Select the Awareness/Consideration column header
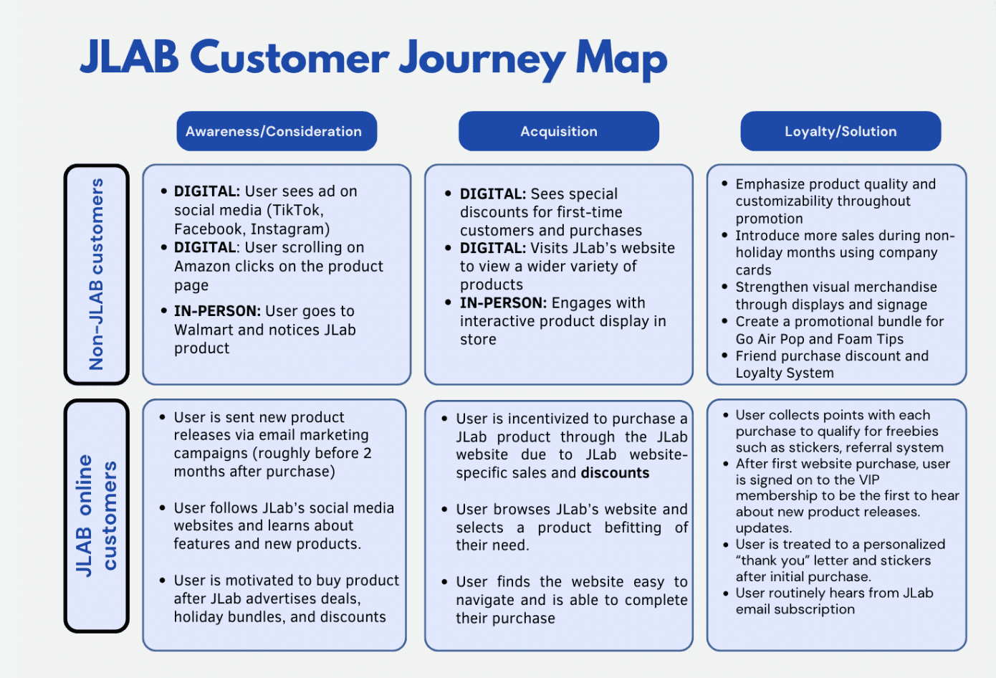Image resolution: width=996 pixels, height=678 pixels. point(277,131)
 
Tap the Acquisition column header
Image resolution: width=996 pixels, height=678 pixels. point(558,131)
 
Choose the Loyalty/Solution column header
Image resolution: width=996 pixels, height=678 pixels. point(840,131)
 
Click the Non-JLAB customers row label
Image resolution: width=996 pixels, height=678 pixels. point(97,274)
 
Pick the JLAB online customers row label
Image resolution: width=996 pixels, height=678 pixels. point(97,516)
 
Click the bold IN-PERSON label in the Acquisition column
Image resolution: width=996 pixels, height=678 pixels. point(503,303)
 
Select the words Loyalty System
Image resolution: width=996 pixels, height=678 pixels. point(785,373)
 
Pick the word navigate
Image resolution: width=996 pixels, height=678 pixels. point(485,600)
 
